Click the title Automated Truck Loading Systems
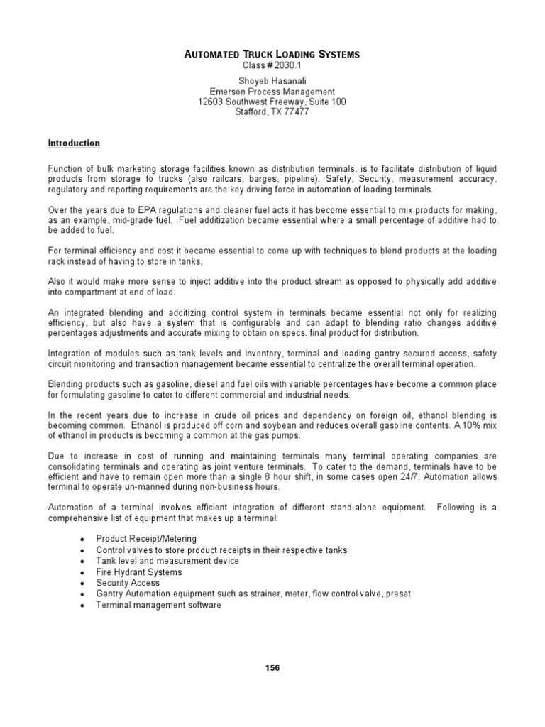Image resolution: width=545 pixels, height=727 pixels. coord(272,54)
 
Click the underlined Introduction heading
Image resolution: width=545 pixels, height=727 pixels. coord(74,143)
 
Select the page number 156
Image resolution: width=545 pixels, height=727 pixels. coord(272,668)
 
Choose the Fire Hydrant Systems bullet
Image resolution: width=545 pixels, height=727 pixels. coord(138,572)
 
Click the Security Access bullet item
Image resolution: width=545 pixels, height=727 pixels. coord(128,583)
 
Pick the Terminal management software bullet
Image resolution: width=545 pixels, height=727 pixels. coord(158,605)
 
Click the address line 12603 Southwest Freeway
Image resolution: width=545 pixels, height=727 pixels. coord(272,102)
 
